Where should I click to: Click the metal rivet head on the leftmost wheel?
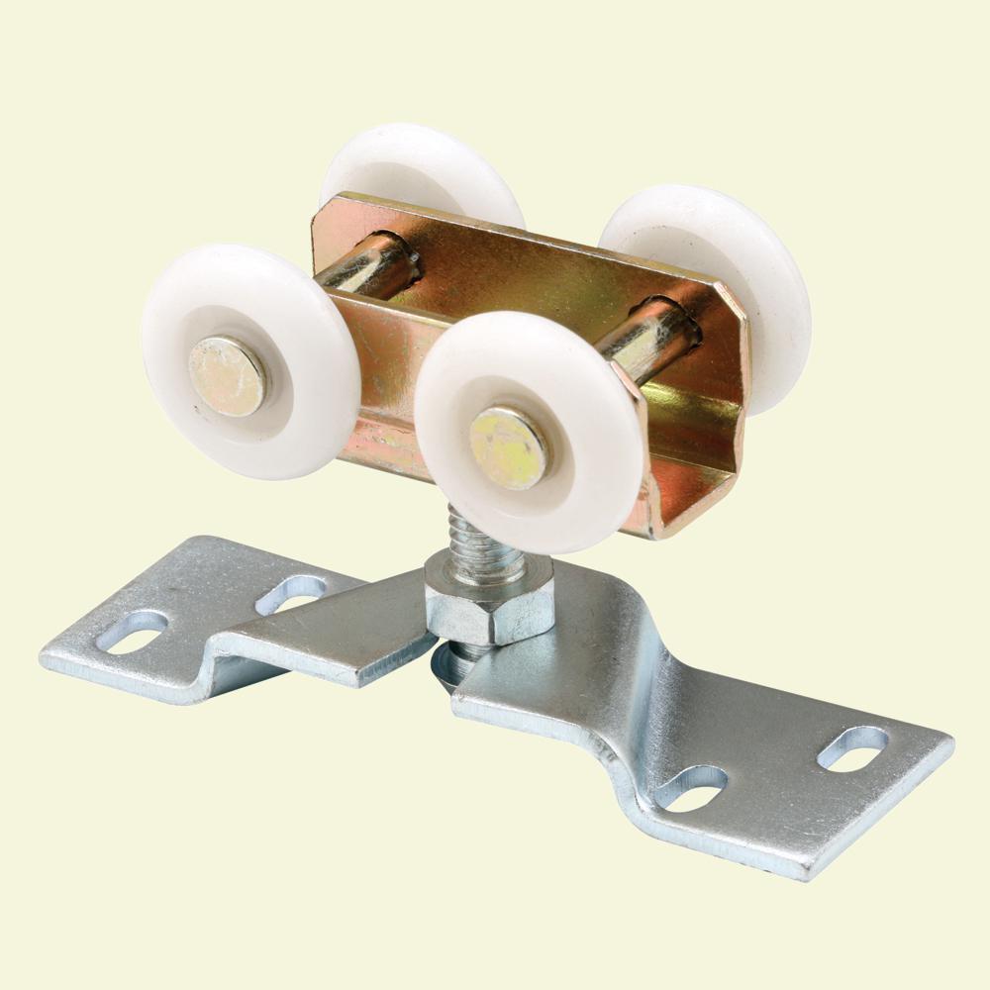(227, 375)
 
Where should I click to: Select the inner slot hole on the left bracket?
(289, 593)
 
